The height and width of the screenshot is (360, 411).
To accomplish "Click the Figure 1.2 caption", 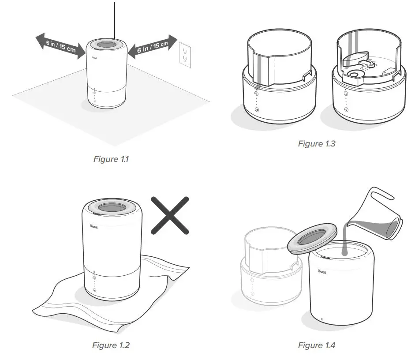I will [x=110, y=345].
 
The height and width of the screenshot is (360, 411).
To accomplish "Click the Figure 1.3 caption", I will [x=316, y=143].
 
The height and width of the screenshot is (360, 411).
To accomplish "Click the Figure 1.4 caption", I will [x=316, y=345].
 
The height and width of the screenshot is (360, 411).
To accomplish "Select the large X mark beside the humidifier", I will [x=170, y=215].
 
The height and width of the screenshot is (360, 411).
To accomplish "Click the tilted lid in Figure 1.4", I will [x=312, y=240].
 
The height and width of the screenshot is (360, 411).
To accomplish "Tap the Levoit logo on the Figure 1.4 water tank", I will [x=322, y=272].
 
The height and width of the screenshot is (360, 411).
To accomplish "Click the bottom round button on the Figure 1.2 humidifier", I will [x=94, y=291].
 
